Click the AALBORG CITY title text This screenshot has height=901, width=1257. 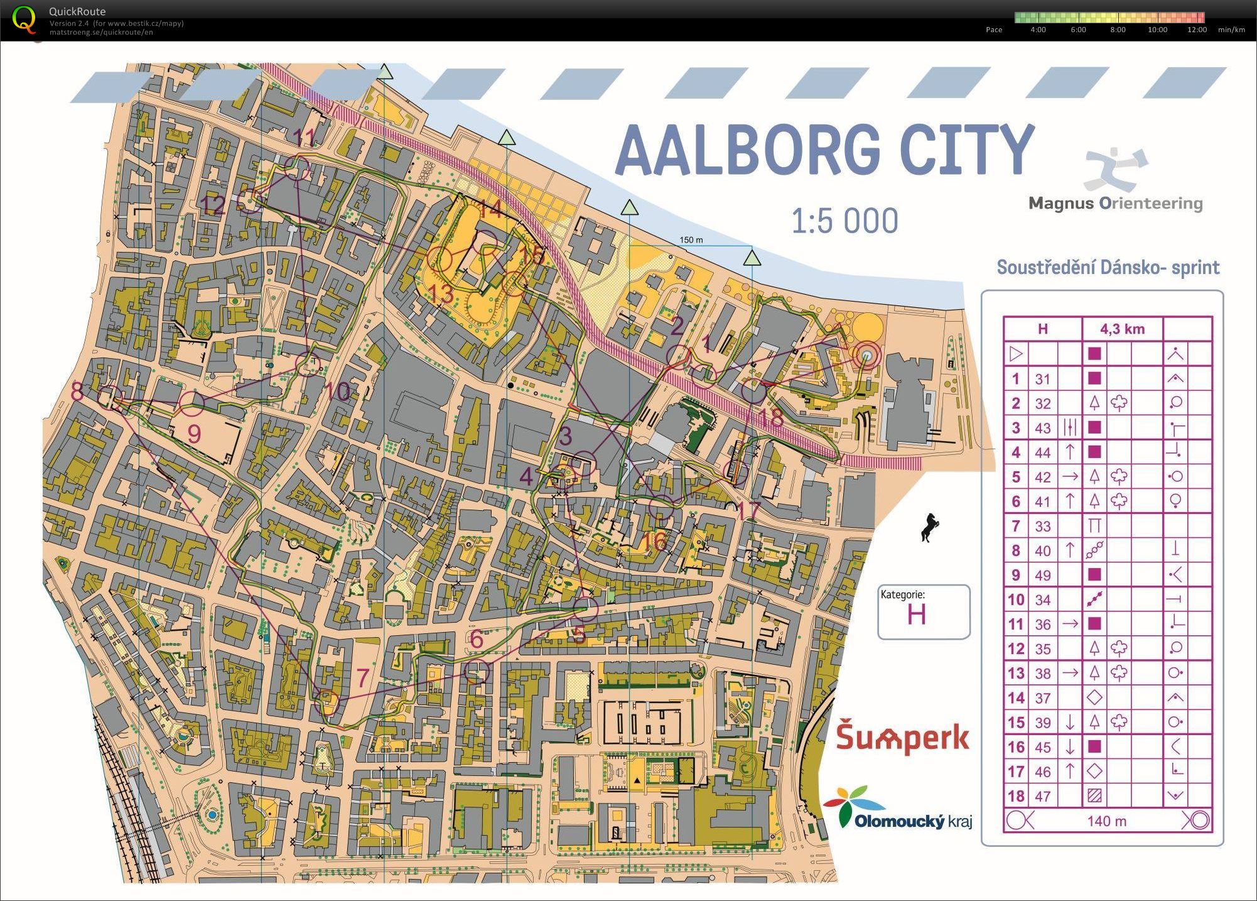[824, 150]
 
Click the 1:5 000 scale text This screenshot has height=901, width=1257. [844, 221]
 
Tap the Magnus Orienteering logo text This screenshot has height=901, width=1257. [1115, 204]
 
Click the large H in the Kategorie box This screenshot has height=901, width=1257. [916, 614]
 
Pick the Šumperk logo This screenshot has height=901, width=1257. [902, 738]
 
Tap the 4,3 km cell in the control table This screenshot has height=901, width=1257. [1122, 329]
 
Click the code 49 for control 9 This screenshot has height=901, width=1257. [1042, 575]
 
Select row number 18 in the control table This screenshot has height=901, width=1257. [1015, 796]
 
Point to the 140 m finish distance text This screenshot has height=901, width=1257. [1106, 821]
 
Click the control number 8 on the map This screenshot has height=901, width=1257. [77, 392]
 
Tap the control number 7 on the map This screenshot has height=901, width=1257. [362, 678]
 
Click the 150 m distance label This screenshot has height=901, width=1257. [691, 240]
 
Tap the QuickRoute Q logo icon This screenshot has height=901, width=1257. [24, 18]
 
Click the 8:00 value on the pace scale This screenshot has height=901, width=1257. [1118, 30]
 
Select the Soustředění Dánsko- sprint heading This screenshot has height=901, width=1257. [1108, 268]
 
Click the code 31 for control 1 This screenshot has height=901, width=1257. [1042, 379]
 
